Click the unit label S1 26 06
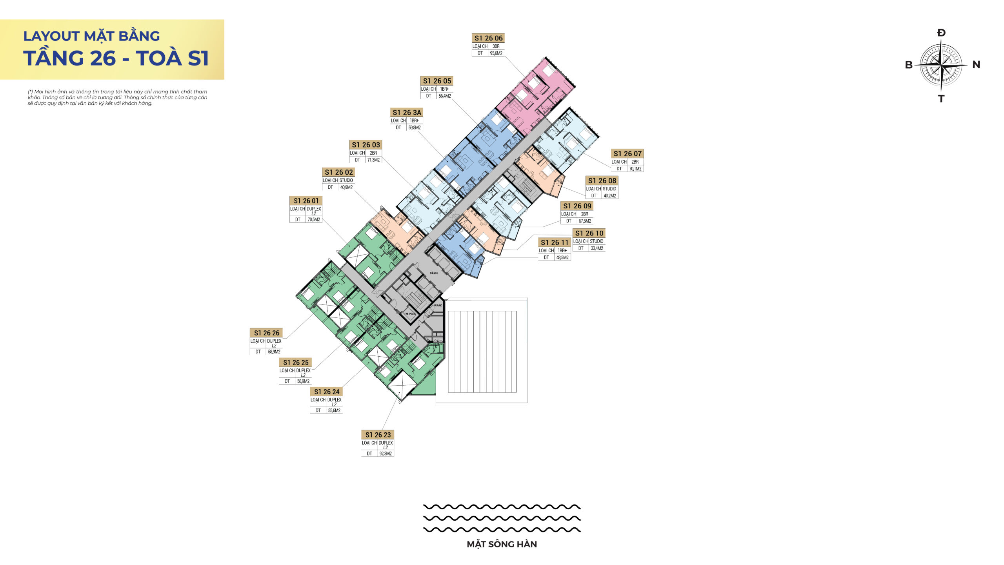click(488, 38)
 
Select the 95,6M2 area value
click(496, 53)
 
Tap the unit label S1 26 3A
click(407, 113)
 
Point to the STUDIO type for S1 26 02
click(346, 180)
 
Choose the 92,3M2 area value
click(386, 454)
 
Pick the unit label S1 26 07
click(627, 154)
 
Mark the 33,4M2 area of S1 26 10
click(597, 248)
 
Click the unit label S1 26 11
click(555, 242)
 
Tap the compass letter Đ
click(941, 33)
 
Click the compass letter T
click(941, 99)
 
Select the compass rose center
click(941, 65)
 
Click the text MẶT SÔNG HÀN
click(502, 544)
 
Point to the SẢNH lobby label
click(434, 273)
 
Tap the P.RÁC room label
click(438, 305)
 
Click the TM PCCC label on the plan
click(410, 314)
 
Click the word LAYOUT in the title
click(51, 36)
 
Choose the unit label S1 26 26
click(267, 333)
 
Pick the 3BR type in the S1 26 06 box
click(496, 46)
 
